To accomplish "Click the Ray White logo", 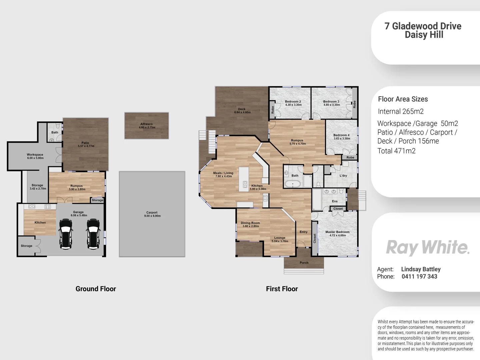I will click(x=428, y=248).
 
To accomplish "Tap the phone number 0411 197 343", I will click(x=419, y=276).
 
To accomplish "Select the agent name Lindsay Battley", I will click(x=421, y=269).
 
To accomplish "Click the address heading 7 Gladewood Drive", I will click(x=423, y=26).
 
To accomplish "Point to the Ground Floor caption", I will click(x=96, y=289).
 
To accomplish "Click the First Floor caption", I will click(x=282, y=289).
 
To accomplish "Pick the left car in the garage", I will click(x=66, y=234).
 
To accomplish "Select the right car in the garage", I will click(x=93, y=234).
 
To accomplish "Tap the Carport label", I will click(x=152, y=212).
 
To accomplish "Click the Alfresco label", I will click(x=146, y=124).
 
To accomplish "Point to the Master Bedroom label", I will click(x=337, y=232).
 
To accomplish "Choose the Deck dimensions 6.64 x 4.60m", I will click(x=242, y=113).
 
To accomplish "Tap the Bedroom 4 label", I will click(x=341, y=135).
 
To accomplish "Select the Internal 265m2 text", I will click(x=401, y=112).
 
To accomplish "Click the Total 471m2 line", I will click(x=396, y=151).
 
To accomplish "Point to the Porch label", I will click(x=304, y=263).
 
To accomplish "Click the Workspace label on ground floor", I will click(x=35, y=155).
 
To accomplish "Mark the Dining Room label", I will click(x=250, y=223).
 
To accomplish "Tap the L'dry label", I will click(x=343, y=176).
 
